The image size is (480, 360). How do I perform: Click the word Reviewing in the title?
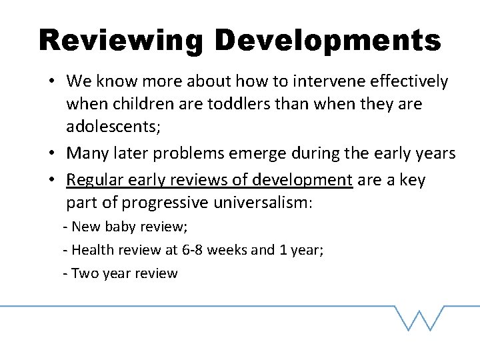pos(120,41)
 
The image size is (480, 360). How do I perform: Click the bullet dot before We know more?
pos(51,83)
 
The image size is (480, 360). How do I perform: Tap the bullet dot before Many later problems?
pos(51,154)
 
